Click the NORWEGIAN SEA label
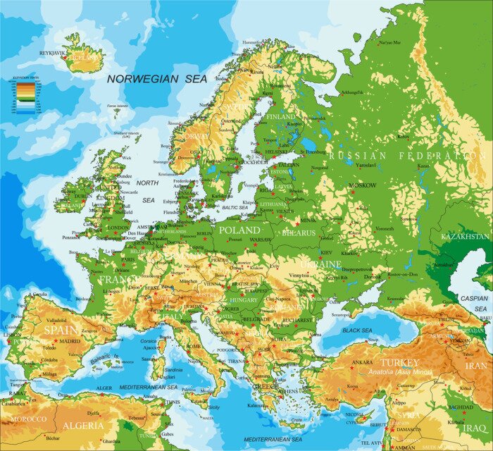pyautogui.click(x=157, y=79)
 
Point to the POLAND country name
pyautogui.click(x=239, y=230)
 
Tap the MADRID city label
pyautogui.click(x=69, y=341)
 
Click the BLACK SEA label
pyautogui.click(x=357, y=330)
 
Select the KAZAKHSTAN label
pyautogui.click(x=465, y=237)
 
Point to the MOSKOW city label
pyautogui.click(x=362, y=185)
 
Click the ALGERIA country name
pyautogui.click(x=83, y=426)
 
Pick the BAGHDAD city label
pyautogui.click(x=459, y=407)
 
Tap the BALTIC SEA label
pyautogui.click(x=235, y=208)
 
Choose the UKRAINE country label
pyautogui.click(x=323, y=263)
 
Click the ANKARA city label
pyautogui.click(x=362, y=362)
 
